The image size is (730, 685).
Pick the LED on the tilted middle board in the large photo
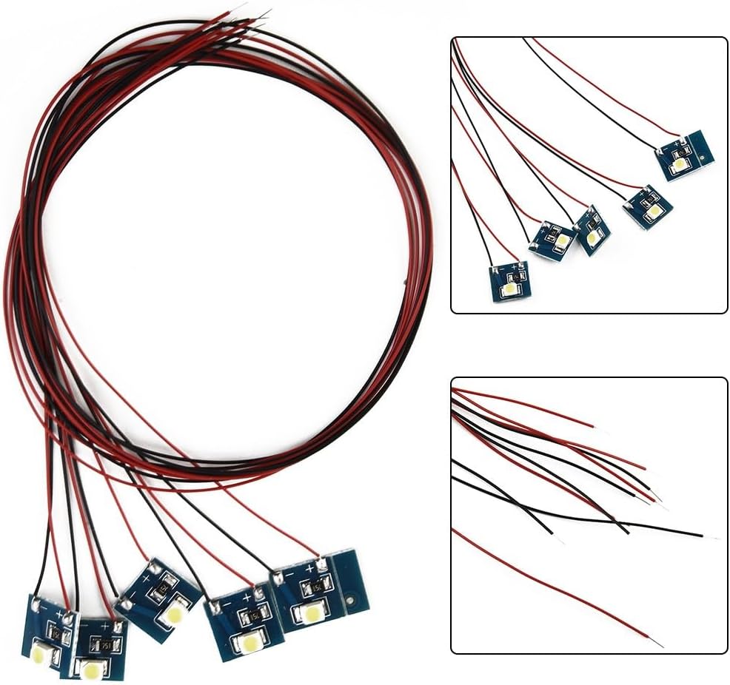[x=175, y=613]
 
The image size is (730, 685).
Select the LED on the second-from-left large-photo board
[x=93, y=671]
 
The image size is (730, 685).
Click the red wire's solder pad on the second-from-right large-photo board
[x=258, y=593]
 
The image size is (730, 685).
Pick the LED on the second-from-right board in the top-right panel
[x=654, y=211]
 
